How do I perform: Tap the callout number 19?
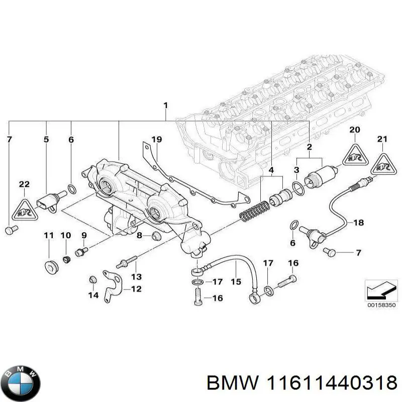coord(156,139)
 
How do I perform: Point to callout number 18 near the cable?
coord(358,222)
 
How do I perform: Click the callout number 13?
coord(136,276)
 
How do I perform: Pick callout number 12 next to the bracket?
coord(136,289)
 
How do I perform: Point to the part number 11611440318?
coord(329,383)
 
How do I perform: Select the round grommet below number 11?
coord(49,265)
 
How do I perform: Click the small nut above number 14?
coord(91,279)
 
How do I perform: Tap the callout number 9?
coord(83,235)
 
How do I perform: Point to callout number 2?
coord(309,147)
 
